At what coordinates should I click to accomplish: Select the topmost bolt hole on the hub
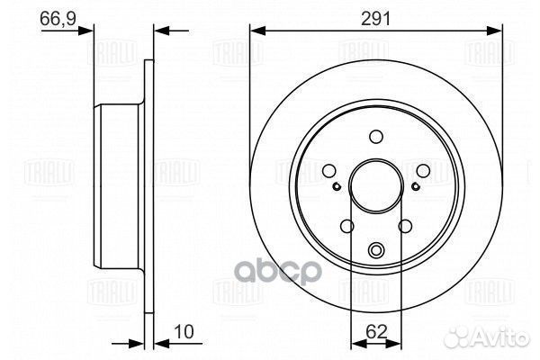tap(376, 136)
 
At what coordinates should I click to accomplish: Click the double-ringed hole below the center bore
tap(376, 249)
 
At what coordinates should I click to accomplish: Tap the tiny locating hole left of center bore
tap(336, 186)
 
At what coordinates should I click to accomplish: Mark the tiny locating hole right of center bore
tap(416, 186)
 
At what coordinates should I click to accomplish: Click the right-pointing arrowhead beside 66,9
tap(88, 31)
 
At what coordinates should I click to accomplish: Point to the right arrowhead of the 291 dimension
tap(498, 31)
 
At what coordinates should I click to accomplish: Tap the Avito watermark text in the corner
tap(499, 341)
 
